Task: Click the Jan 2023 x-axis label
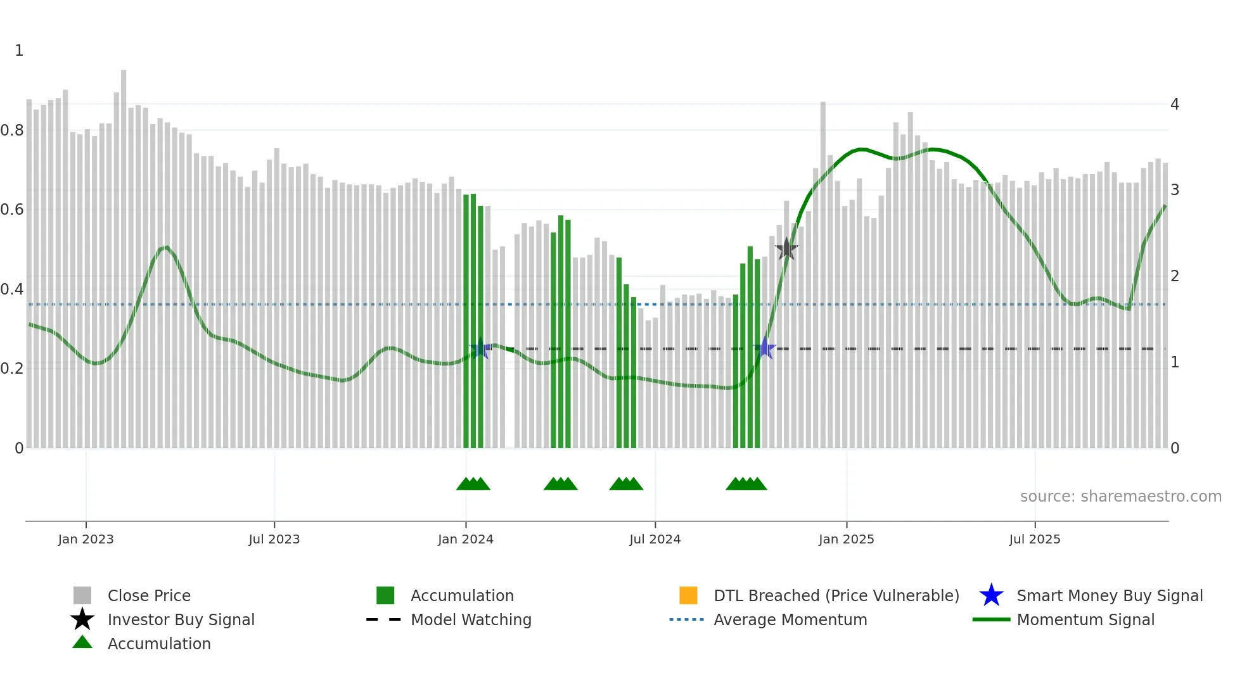(86, 539)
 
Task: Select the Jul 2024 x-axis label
(655, 539)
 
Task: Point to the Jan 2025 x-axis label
(846, 539)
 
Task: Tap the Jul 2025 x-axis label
(1034, 539)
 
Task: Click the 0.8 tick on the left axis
(12, 130)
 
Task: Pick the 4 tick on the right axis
(1175, 104)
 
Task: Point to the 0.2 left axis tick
(12, 369)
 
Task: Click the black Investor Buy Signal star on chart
(786, 249)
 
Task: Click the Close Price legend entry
(149, 595)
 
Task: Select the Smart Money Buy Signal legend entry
(1109, 595)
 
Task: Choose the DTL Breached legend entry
(836, 595)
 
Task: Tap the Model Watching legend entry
(471, 619)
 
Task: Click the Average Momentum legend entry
(790, 619)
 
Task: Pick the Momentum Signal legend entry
(1085, 619)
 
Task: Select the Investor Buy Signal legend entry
(181, 619)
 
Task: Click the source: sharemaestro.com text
(1120, 497)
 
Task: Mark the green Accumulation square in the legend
(385, 595)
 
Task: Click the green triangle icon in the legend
(82, 642)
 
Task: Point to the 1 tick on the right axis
(1175, 362)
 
